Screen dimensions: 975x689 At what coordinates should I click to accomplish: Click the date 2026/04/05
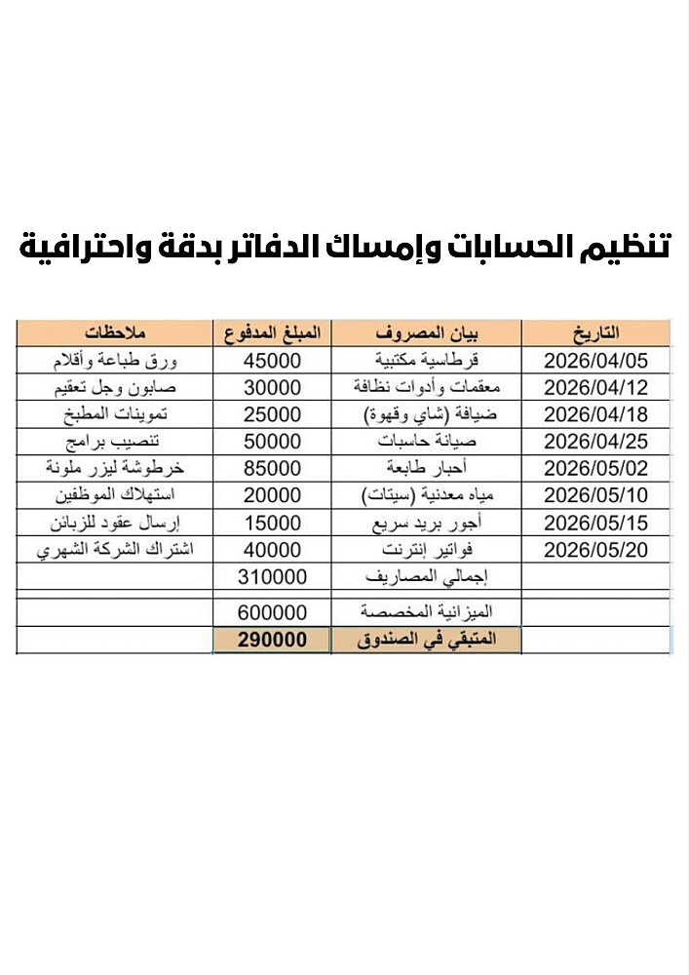[x=595, y=361]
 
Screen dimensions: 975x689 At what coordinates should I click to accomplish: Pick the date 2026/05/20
[x=595, y=550]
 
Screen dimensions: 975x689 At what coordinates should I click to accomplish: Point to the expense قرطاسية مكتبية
[x=426, y=361]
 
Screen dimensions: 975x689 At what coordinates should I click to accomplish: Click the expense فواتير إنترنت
[x=426, y=550]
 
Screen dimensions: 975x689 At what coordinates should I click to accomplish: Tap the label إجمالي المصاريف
[x=426, y=577]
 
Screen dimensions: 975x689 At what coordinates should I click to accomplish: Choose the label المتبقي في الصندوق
[x=426, y=641]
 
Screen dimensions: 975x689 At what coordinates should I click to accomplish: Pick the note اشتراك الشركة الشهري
[x=115, y=550]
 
